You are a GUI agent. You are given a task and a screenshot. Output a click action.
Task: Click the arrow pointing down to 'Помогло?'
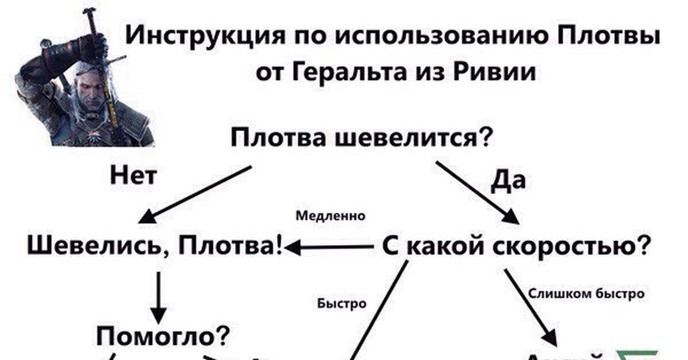159,296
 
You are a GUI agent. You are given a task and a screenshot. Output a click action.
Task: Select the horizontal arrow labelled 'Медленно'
331,247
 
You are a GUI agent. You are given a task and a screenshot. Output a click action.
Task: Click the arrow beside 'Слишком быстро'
530,304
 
